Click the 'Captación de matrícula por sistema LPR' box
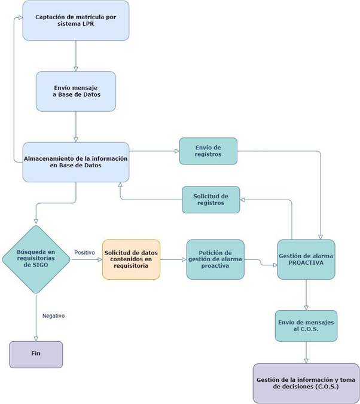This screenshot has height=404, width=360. tap(76, 20)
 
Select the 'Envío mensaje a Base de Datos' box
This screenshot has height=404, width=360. tap(76, 91)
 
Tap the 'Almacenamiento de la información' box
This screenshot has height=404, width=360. tap(76, 162)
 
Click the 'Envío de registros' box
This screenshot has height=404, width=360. tap(208, 151)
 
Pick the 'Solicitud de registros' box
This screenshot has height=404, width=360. tap(211, 200)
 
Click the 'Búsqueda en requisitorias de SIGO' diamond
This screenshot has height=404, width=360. tap(36, 259)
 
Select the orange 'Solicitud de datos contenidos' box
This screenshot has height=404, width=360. tap(131, 259)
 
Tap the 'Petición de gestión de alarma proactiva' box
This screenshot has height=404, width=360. tap(215, 259)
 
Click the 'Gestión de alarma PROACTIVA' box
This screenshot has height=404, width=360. tap(306, 259)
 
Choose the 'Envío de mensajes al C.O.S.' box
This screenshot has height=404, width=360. tap(306, 326)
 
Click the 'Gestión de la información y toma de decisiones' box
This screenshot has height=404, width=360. tap(306, 384)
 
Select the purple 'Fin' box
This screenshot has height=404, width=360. tap(36, 354)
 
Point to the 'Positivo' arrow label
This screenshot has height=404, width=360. tap(84, 252)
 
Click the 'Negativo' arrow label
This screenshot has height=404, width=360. tap(54, 316)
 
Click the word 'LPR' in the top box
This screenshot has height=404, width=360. tap(89, 24)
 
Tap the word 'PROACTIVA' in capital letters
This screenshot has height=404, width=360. tap(306, 263)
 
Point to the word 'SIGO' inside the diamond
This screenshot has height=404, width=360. tap(42, 265)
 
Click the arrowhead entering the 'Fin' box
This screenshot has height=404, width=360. tap(36, 339)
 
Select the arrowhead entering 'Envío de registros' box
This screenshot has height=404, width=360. tap(177, 151)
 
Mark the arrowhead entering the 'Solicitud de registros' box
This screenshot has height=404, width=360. tap(242, 200)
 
